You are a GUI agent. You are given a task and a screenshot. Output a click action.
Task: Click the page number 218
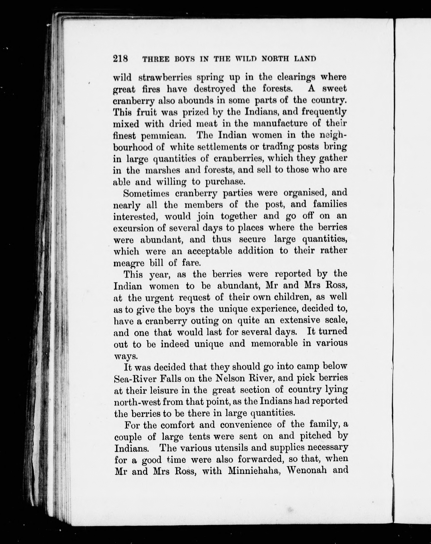pos(121,59)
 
